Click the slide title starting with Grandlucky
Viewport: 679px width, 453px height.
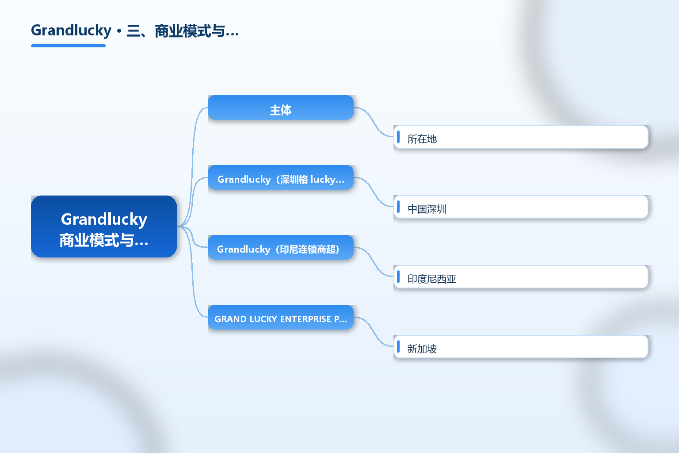[135, 31]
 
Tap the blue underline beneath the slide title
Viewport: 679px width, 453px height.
[68, 46]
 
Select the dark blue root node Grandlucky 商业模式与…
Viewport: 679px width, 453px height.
[104, 226]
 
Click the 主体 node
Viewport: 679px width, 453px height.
[281, 107]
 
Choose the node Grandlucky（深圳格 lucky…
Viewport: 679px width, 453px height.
[281, 177]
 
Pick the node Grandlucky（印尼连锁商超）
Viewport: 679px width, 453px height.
[281, 247]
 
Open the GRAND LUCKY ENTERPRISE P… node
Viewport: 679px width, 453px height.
[281, 317]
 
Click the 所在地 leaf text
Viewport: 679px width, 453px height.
[422, 139]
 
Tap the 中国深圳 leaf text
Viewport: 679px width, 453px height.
[427, 209]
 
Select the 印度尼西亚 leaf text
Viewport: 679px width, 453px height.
[431, 279]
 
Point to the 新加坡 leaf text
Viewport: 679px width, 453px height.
[422, 348]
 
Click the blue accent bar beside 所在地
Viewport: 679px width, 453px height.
[398, 137]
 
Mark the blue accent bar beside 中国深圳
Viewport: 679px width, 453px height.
[398, 207]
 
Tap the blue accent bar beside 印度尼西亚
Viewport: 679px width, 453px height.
[398, 276]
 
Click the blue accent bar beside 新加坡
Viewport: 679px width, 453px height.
[398, 346]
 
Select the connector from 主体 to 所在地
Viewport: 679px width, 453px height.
[374, 122]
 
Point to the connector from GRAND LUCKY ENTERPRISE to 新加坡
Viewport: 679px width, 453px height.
[374, 332]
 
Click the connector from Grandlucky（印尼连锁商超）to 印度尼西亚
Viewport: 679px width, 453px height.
[374, 262]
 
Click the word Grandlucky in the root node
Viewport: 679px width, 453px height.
[104, 219]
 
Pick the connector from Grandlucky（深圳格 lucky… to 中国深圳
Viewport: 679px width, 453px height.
[374, 192]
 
